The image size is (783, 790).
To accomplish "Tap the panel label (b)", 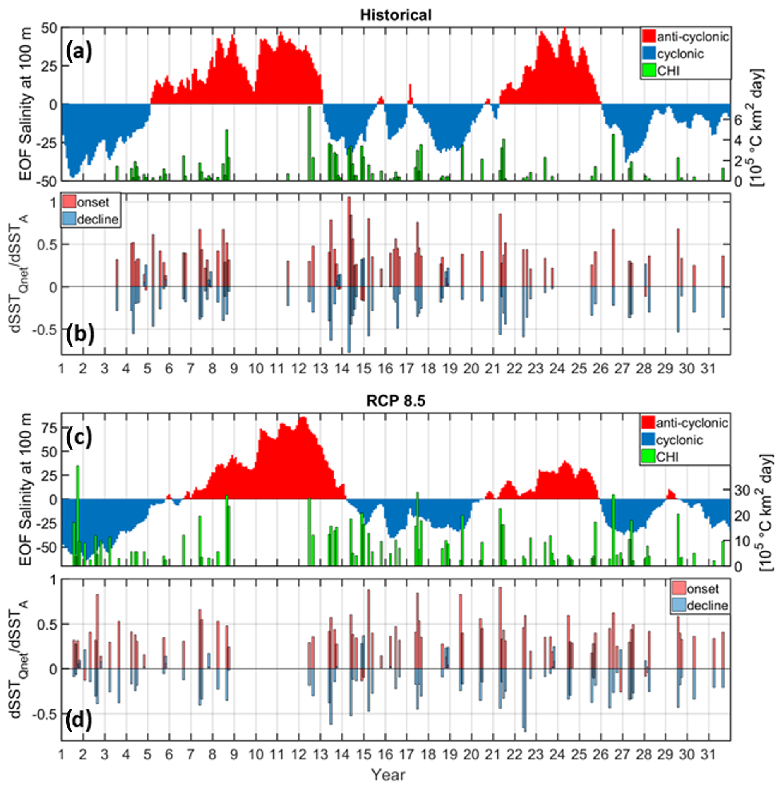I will click(x=80, y=334).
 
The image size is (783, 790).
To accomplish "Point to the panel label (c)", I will click(x=79, y=437).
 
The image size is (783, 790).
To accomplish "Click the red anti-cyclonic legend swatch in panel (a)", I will click(x=649, y=36).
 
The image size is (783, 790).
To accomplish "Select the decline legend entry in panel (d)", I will click(x=699, y=606).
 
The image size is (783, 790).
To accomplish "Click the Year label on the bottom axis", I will click(x=388, y=775).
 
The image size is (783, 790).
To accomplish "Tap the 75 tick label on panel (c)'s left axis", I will click(x=49, y=428).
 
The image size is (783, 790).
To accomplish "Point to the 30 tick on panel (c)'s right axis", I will click(x=742, y=491).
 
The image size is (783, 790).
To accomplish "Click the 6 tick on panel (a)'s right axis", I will click(x=738, y=119).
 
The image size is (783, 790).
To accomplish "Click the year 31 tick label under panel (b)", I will click(x=708, y=368).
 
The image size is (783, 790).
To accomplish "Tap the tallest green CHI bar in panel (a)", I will click(x=309, y=143).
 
